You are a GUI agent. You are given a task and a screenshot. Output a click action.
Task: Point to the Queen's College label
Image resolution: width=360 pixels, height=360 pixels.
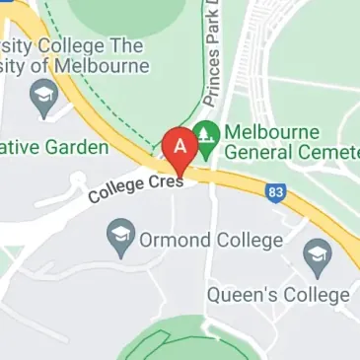[x=278, y=295]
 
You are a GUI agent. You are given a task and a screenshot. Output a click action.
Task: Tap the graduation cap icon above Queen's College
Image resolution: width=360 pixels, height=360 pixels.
[x=317, y=257]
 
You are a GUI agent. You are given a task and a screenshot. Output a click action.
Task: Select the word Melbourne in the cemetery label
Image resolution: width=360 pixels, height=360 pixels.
[x=272, y=132]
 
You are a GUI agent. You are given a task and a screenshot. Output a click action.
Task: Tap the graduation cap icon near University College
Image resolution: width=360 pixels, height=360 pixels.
[x=42, y=96]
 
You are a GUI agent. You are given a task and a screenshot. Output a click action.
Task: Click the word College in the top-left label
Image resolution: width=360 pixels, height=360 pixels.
[x=74, y=45]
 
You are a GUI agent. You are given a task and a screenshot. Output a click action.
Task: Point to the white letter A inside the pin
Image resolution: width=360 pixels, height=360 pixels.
[x=180, y=145]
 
